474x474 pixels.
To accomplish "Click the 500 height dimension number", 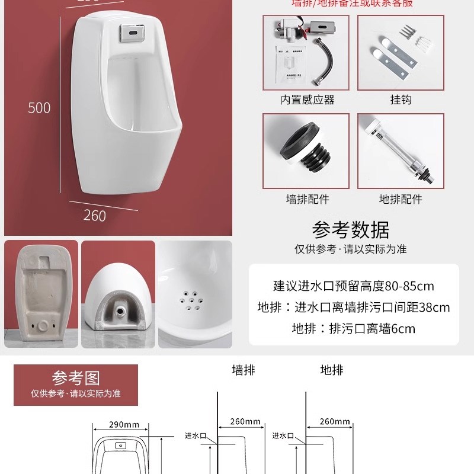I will point(40,108).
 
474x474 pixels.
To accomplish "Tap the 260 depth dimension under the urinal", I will point(95,215).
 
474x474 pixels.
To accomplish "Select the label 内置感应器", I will point(307,100).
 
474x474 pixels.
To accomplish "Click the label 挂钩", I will point(401,100).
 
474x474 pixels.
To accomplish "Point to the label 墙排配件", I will point(307,199).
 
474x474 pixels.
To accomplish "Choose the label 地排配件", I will point(401,199).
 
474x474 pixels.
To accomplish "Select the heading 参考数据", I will point(351,229).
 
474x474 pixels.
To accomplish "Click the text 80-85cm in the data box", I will point(409,286).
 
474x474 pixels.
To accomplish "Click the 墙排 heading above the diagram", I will point(243,370).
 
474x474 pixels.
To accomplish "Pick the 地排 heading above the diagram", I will point(332,370).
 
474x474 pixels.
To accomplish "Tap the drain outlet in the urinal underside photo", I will point(119,309).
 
